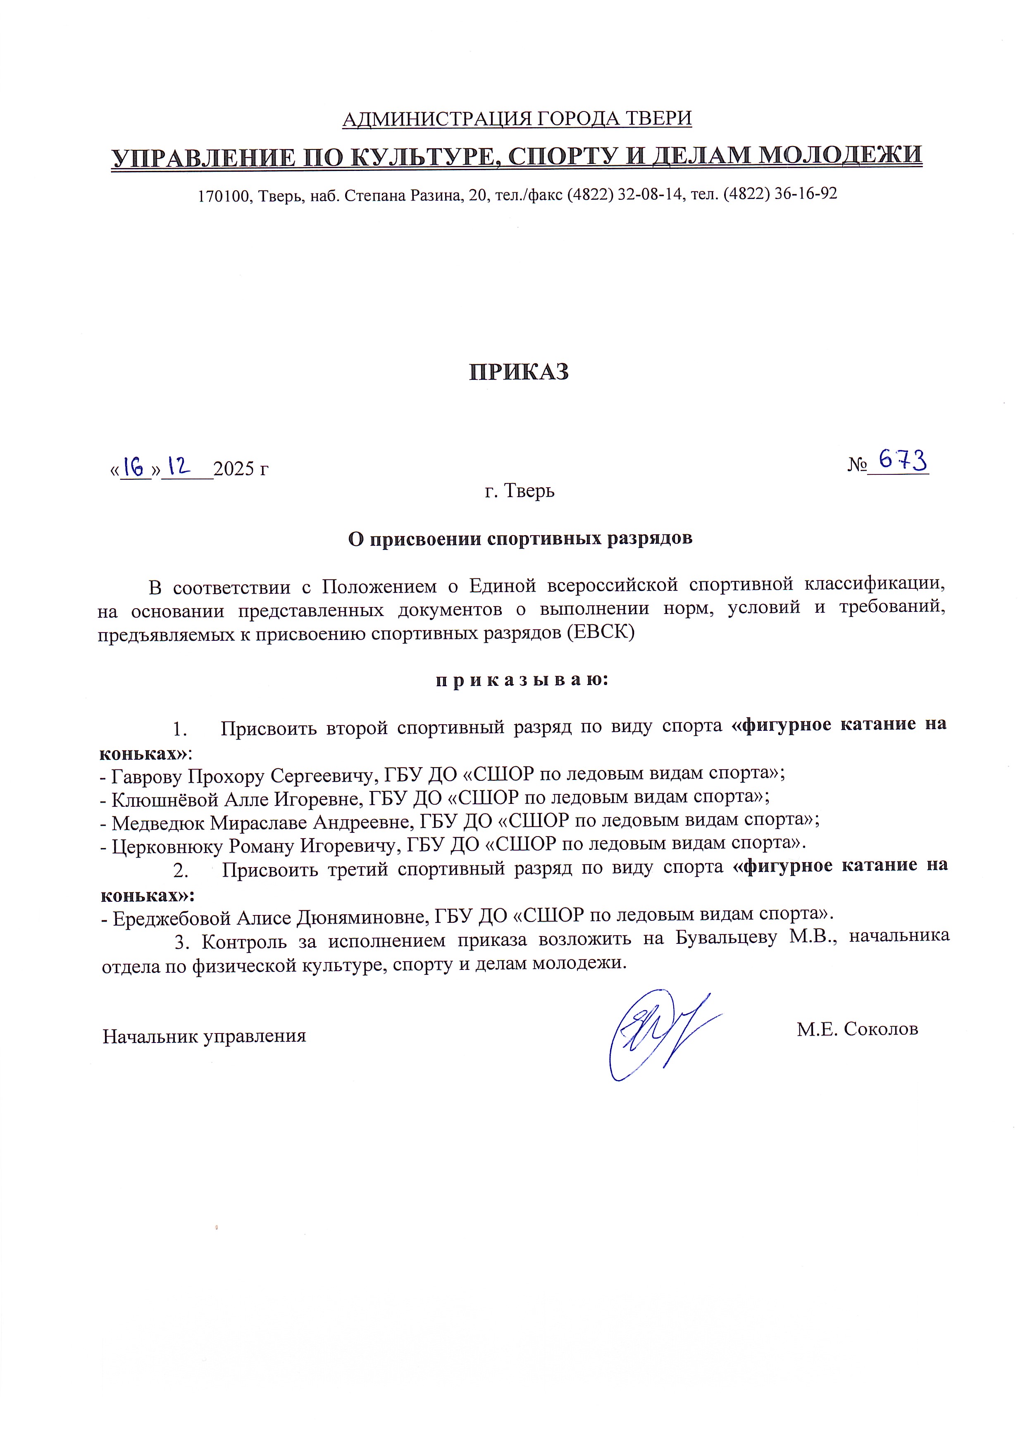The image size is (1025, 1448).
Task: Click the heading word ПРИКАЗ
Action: coord(519,372)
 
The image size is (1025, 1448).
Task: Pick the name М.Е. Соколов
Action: coord(857,1029)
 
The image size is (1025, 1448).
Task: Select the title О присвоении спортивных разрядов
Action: coord(520,539)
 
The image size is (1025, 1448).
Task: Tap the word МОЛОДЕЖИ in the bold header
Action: coord(840,155)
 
